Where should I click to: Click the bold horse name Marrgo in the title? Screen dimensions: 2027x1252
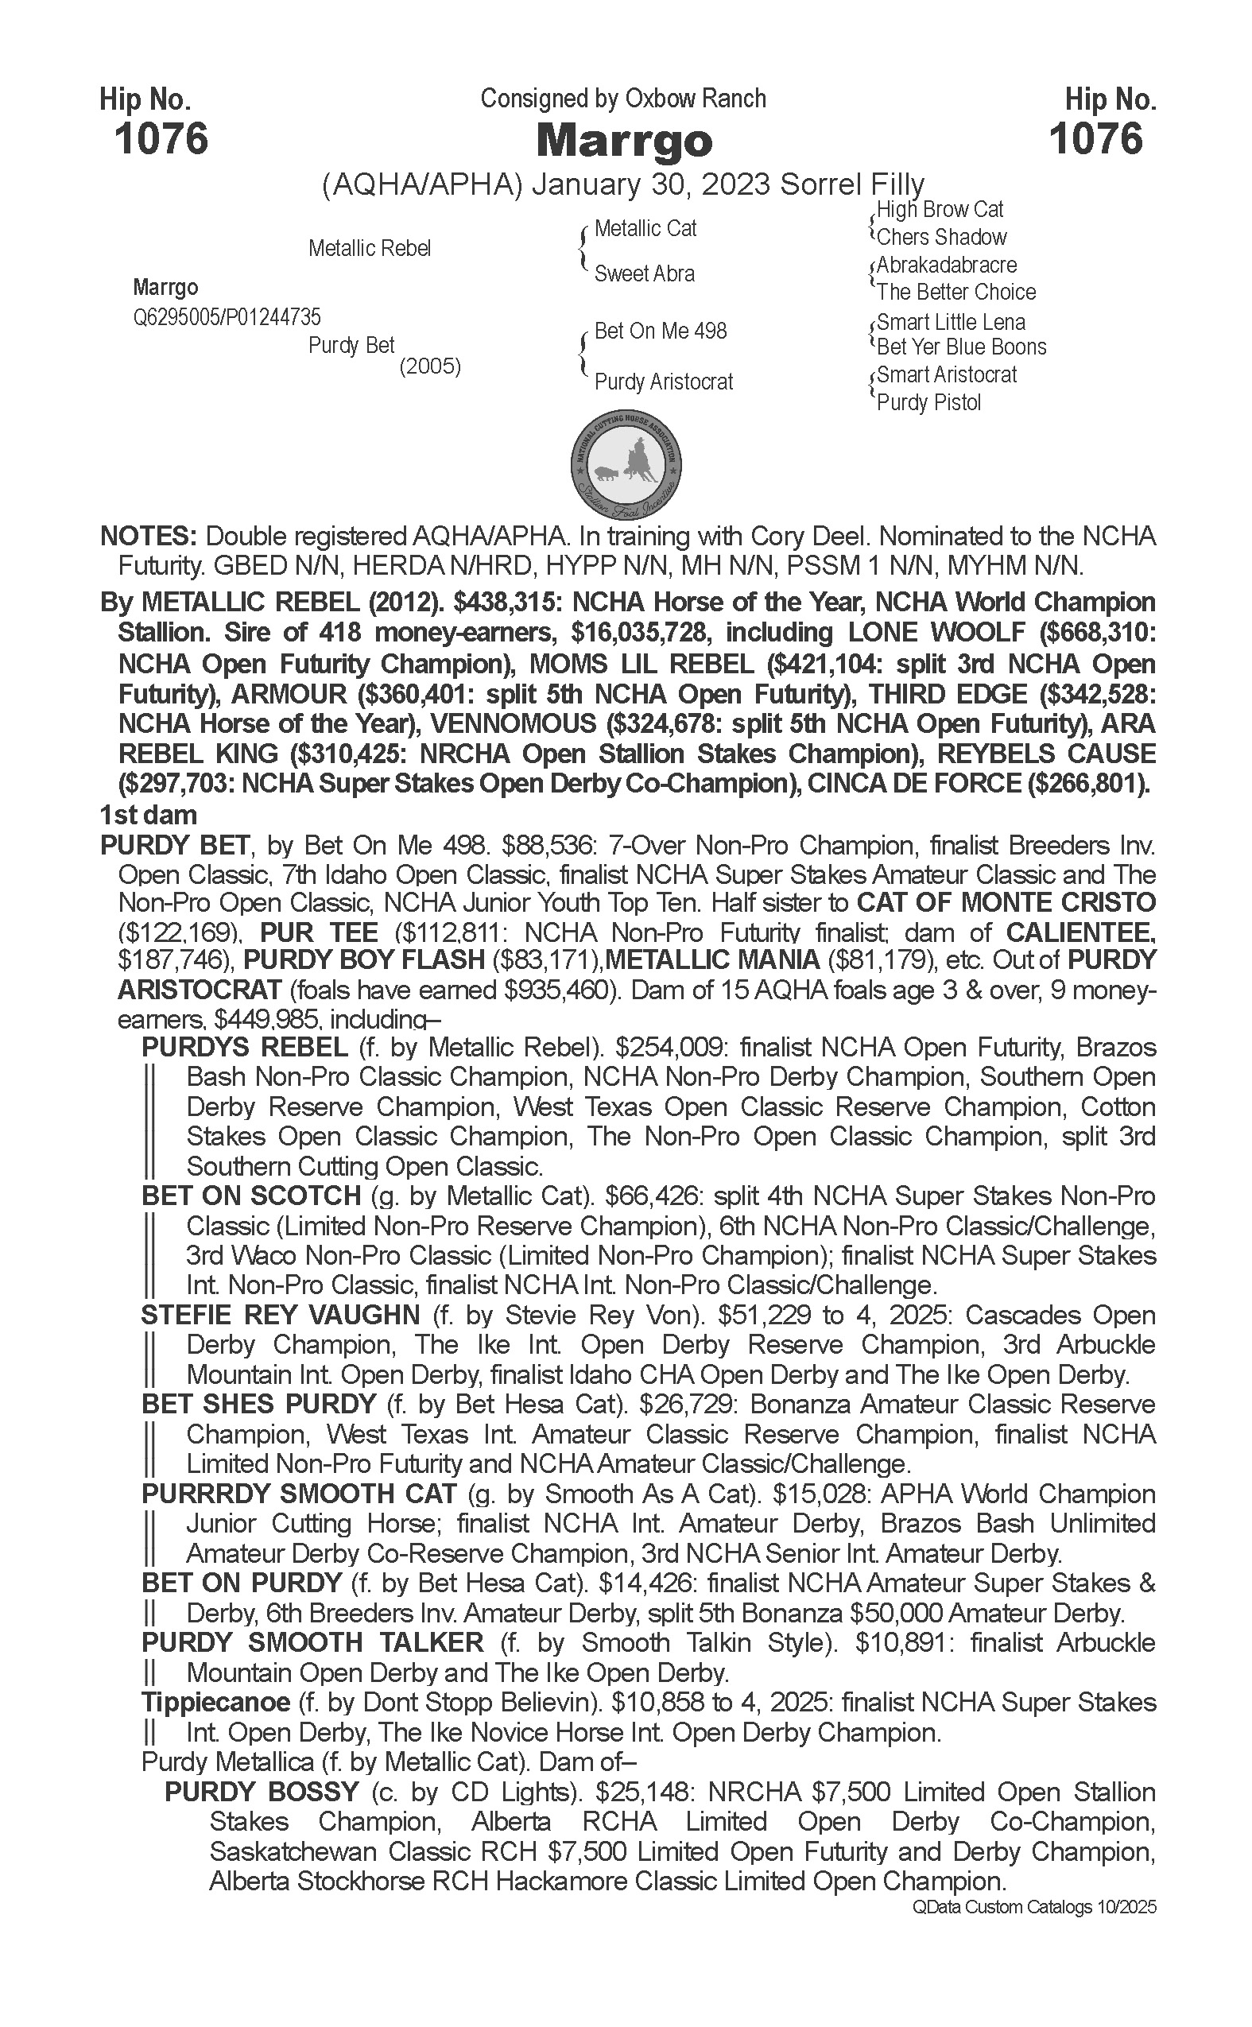[623, 141]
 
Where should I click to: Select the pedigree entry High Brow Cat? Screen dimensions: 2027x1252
[940, 210]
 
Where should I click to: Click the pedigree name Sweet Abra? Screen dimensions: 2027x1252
[644, 273]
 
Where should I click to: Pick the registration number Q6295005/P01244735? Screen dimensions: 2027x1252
[227, 317]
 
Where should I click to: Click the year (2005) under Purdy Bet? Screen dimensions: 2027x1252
[430, 366]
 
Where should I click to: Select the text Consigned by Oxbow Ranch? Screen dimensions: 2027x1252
[622, 99]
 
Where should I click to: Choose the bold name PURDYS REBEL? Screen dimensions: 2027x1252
[244, 1048]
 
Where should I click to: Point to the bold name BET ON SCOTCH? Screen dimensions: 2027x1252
[251, 1196]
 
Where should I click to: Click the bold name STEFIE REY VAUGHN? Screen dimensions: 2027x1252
[281, 1316]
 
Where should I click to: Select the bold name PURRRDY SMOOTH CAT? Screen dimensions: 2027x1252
[299, 1494]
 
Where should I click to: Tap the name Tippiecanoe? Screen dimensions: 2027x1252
[215, 1703]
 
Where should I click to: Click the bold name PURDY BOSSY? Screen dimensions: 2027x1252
[262, 1793]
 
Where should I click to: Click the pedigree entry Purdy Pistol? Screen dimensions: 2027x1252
[928, 402]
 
